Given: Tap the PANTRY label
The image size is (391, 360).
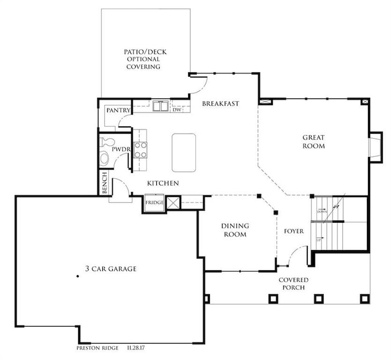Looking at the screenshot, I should (118, 111).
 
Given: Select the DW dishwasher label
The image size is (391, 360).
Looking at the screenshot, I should (177, 110).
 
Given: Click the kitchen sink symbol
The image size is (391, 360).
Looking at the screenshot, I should (160, 106).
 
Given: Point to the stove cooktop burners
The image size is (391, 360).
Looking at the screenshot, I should (141, 150).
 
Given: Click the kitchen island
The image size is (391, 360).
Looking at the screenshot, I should (184, 152).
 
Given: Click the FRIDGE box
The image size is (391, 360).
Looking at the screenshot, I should (154, 203).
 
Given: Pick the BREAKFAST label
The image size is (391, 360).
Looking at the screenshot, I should (221, 103).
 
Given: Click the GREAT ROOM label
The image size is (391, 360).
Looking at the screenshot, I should (314, 142).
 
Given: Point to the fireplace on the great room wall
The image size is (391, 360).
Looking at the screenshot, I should (376, 147).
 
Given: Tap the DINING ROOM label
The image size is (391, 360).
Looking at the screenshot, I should (235, 230).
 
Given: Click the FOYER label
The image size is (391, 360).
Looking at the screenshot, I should (294, 231).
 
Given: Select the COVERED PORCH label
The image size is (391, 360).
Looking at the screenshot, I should (295, 283).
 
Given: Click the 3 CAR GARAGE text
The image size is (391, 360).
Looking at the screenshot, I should (110, 269).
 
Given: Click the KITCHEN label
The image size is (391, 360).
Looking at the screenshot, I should (163, 183).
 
